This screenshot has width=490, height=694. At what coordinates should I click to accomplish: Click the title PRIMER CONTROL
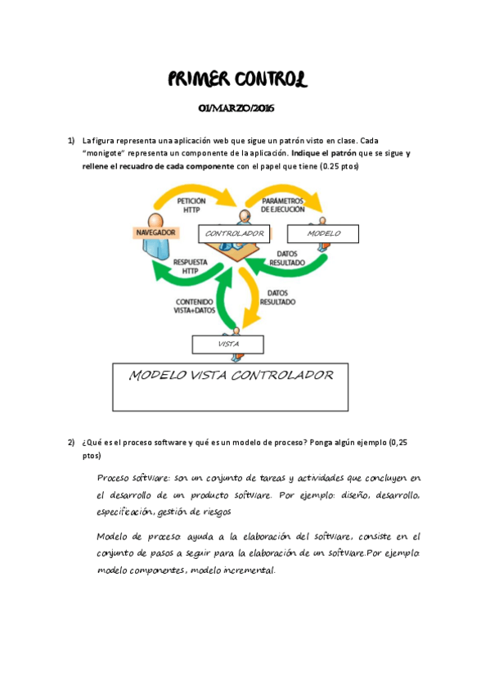tap(238, 79)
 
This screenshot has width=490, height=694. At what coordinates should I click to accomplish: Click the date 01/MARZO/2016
tap(237, 110)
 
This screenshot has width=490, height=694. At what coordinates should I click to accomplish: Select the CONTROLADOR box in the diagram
tap(234, 234)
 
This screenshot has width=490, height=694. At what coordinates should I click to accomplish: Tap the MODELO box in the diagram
tap(324, 234)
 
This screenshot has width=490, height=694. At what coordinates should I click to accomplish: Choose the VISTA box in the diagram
tap(228, 345)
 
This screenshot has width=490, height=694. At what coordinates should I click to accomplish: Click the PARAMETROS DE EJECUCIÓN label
tap(283, 204)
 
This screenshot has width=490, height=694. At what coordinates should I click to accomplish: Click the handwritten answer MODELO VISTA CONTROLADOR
tap(232, 376)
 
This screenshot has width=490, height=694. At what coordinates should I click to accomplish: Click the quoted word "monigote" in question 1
tap(106, 153)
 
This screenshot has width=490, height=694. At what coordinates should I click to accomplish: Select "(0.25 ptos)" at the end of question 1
tap(339, 166)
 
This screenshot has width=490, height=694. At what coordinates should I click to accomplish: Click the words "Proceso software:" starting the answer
tap(129, 478)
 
